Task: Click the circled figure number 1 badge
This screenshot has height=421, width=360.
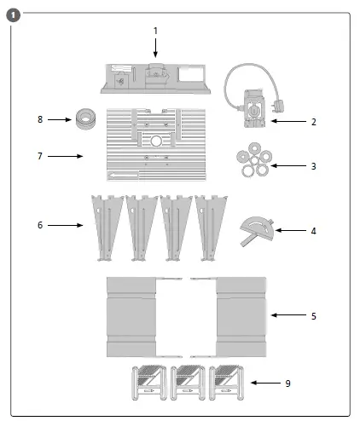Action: (13, 14)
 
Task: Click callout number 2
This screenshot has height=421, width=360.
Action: (313, 122)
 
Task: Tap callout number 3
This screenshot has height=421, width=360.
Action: (313, 165)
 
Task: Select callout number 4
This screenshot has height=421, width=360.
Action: (313, 230)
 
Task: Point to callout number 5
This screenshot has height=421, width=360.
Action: (313, 315)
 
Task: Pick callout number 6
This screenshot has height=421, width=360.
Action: (39, 225)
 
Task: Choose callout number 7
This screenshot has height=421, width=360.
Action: (39, 156)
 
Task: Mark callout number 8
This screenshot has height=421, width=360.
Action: (39, 120)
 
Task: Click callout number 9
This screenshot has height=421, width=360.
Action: (287, 384)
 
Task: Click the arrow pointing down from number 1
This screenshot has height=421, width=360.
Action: (155, 47)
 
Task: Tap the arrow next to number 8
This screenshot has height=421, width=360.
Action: (60, 120)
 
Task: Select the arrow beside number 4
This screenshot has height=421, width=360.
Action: (290, 230)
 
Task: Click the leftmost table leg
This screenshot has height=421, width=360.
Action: (105, 223)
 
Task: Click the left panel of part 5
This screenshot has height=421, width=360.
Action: (131, 316)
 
